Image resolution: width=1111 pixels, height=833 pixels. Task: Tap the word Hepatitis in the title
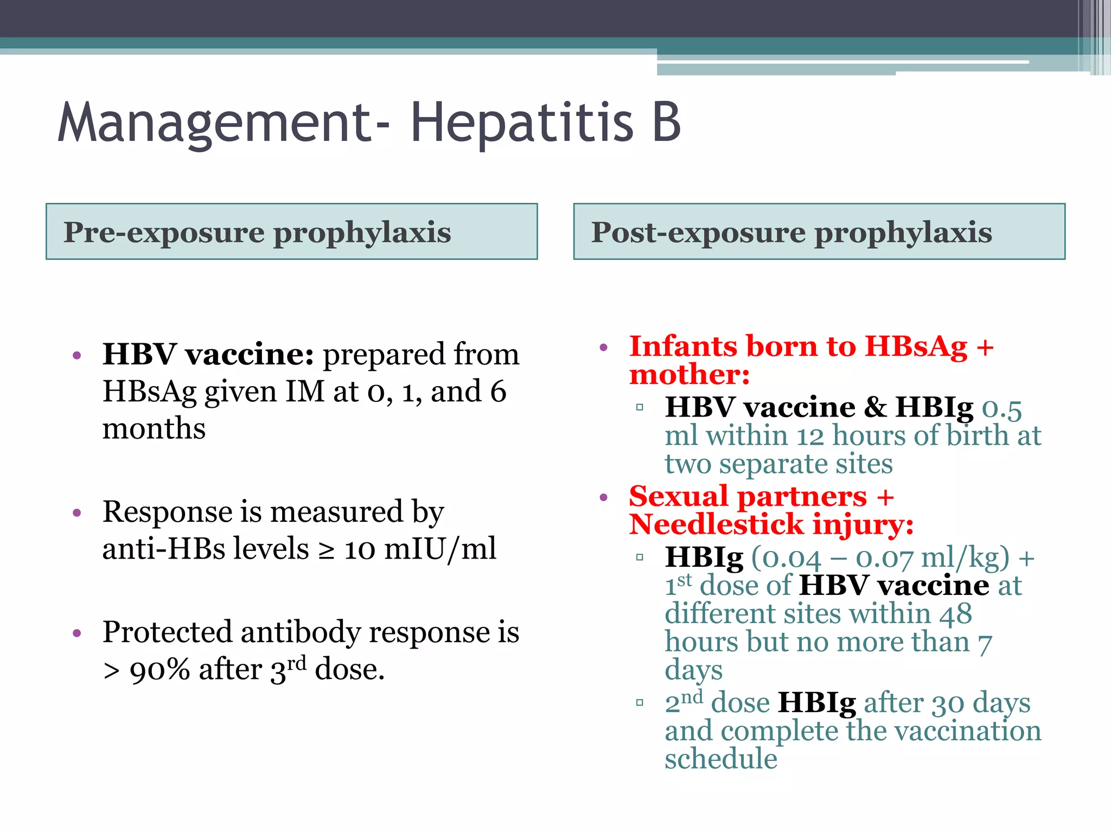522,123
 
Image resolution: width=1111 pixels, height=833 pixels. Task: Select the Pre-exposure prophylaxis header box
291,232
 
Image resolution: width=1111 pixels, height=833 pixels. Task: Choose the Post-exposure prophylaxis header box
819,232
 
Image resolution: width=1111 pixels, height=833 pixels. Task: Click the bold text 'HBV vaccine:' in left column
208,355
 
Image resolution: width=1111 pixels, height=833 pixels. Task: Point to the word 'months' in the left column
154,428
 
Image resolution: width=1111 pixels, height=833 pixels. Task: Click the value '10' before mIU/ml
360,549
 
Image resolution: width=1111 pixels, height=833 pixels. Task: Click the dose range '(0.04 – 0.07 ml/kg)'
880,558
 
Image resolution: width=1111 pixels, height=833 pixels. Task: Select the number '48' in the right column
956,614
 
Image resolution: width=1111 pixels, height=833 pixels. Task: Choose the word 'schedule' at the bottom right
721,759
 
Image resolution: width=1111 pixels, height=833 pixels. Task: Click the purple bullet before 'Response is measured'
77,512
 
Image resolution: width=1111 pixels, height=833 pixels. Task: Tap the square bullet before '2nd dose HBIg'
640,703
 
